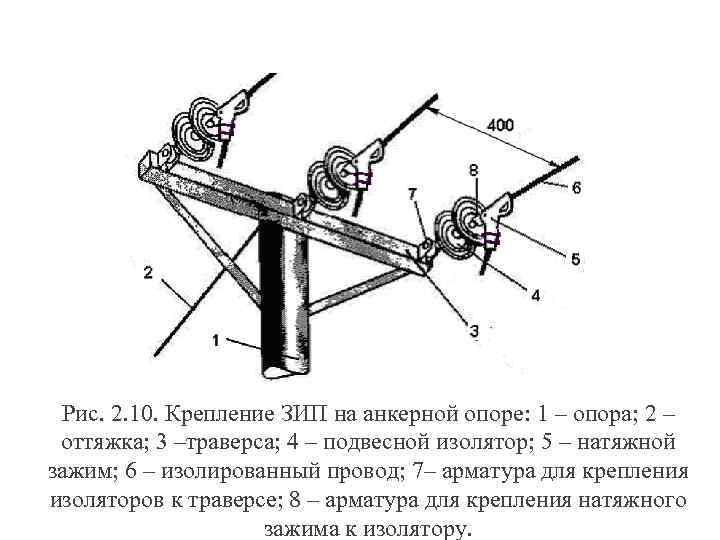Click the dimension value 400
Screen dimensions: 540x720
pyautogui.click(x=502, y=125)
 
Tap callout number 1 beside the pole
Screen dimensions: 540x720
pyautogui.click(x=216, y=341)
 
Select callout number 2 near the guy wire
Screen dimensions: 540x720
pyautogui.click(x=147, y=272)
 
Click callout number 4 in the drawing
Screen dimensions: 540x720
pyautogui.click(x=535, y=295)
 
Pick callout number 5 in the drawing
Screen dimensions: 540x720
pyautogui.click(x=575, y=259)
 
